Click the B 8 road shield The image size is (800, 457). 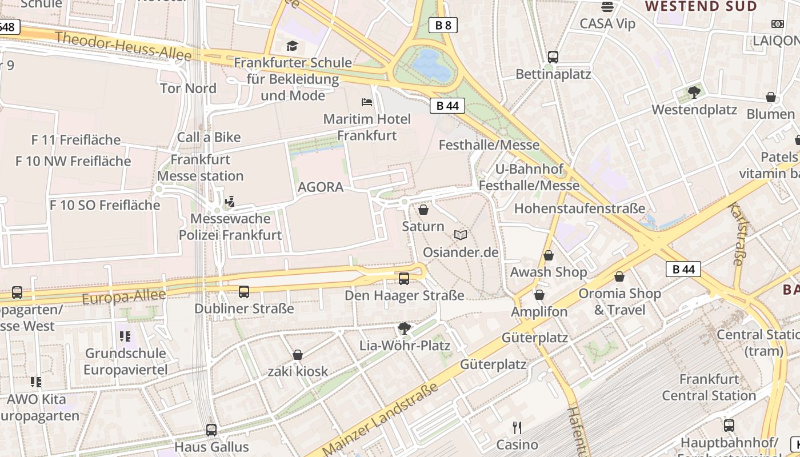(443, 25)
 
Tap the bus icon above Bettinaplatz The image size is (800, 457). (553, 57)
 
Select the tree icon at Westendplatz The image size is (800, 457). (694, 92)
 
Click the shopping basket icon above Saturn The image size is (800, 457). (423, 210)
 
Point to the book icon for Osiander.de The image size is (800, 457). (461, 235)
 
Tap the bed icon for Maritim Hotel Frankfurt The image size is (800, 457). (367, 102)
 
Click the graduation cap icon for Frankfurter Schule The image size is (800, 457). (293, 46)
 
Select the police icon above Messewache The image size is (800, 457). (230, 202)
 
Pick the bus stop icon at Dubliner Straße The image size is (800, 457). (244, 292)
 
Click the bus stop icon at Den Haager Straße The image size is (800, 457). (404, 279)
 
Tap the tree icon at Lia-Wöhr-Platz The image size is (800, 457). (405, 328)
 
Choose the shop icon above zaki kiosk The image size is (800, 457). (298, 355)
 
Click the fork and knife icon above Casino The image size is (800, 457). (517, 428)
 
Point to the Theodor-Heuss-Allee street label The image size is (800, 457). (123, 46)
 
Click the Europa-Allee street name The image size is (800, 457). (123, 296)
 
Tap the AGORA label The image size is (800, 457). (321, 187)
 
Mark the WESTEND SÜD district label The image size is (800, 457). (701, 6)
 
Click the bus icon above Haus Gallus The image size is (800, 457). (211, 430)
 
